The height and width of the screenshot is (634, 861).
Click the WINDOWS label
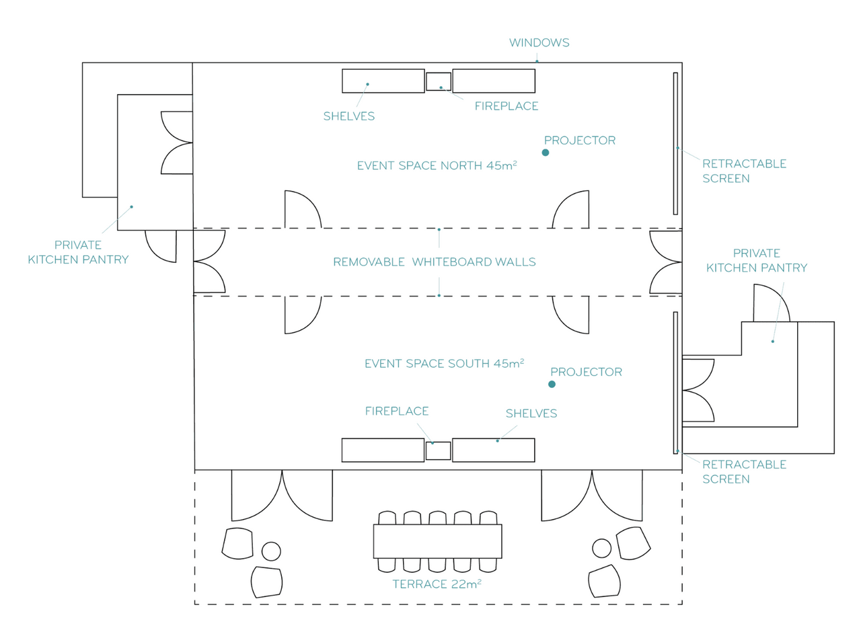539,43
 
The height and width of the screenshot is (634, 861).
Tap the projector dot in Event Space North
546,153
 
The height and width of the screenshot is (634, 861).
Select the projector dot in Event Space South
552,385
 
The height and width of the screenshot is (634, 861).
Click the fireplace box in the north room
439,81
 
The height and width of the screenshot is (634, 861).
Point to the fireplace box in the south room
438,450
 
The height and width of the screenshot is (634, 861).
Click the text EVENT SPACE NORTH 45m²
437,165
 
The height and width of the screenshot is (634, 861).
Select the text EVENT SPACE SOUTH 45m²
444,364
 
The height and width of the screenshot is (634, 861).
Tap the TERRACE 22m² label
437,584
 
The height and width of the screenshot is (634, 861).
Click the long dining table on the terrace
437,541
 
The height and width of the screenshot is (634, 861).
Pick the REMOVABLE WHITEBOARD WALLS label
435,262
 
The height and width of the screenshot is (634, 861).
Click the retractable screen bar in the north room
675,143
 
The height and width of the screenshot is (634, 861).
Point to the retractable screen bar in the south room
675,383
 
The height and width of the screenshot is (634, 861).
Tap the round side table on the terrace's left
271,551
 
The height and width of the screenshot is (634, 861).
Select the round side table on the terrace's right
602,548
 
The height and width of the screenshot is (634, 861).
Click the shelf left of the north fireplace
383,81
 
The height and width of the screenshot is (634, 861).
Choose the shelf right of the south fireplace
493,450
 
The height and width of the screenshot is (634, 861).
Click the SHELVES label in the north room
348,116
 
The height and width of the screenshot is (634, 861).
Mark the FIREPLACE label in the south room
397,411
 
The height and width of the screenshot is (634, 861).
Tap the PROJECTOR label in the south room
586,372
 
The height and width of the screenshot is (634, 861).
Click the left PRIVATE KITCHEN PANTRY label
78,252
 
